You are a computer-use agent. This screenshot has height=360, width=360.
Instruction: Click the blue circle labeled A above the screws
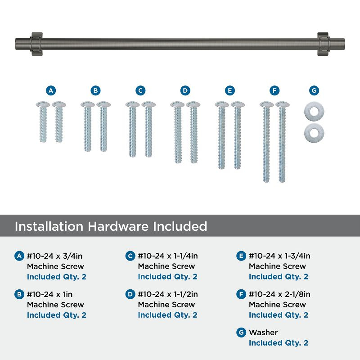(x=51, y=90)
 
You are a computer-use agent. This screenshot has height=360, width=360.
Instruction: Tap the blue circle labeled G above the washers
(x=314, y=90)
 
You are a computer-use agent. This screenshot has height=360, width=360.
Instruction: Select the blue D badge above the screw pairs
(x=185, y=90)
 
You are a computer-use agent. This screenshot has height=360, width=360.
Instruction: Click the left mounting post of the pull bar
(x=36, y=44)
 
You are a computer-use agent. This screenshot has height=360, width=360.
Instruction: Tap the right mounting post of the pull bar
(x=324, y=44)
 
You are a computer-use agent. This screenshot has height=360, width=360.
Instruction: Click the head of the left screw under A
(x=43, y=104)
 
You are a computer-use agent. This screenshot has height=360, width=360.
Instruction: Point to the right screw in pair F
(x=283, y=142)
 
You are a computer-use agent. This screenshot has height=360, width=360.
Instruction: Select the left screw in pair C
(x=132, y=129)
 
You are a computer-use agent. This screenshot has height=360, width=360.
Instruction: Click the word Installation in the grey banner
(x=49, y=226)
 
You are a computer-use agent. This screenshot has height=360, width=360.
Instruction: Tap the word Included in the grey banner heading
(x=180, y=226)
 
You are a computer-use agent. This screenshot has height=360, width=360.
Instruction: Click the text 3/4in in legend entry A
(x=72, y=256)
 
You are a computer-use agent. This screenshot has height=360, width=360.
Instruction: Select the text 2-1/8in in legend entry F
(x=297, y=294)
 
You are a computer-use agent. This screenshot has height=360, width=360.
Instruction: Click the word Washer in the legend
(x=263, y=333)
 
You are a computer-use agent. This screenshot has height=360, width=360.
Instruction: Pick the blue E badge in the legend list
(x=241, y=256)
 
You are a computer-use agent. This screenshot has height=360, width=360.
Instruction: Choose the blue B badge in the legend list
(x=19, y=294)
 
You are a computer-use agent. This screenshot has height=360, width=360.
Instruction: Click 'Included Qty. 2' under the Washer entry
(x=279, y=343)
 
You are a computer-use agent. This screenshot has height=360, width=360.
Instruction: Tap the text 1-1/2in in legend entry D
(x=186, y=294)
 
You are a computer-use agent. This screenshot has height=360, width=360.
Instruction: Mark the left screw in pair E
(x=222, y=135)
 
